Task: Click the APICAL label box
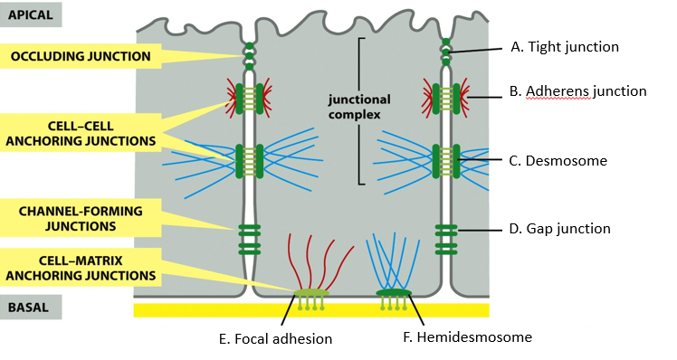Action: click(x=31, y=14)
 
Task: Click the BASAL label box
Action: click(x=31, y=307)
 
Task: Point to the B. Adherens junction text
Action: click(x=578, y=91)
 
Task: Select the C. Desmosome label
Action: click(x=558, y=161)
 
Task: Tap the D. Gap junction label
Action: click(x=560, y=229)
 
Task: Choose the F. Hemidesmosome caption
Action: click(x=465, y=337)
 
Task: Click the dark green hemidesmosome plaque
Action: click(x=394, y=293)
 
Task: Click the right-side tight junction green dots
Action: click(x=445, y=51)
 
